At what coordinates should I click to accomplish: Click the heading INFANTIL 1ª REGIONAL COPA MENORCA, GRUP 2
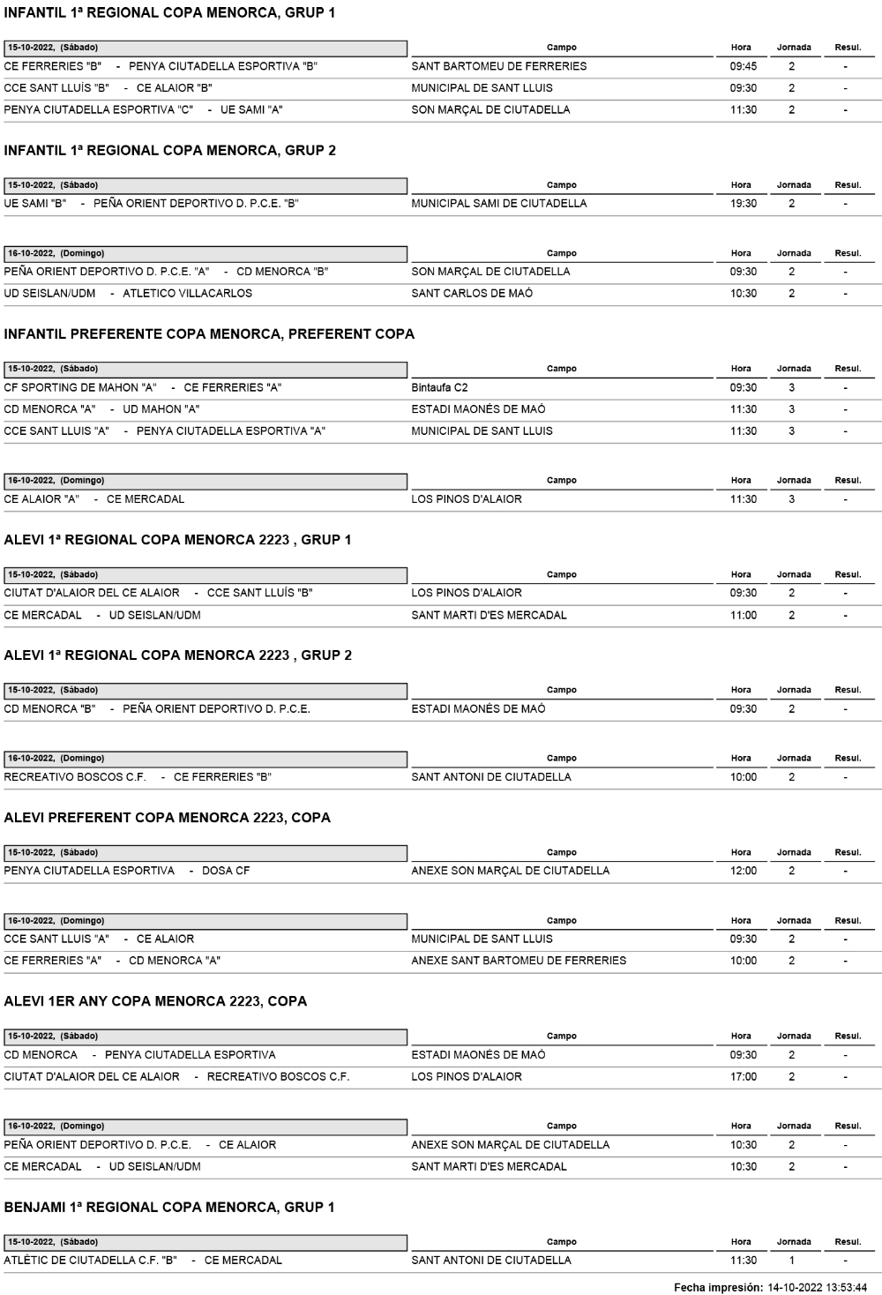coord(169,151)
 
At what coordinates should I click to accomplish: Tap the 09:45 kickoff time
coord(743,66)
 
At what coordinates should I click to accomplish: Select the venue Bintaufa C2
coord(439,387)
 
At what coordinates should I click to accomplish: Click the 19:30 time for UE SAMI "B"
coord(743,204)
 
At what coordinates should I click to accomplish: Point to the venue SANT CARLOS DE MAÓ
coord(472,294)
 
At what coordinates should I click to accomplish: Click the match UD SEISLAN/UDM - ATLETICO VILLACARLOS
coord(128,294)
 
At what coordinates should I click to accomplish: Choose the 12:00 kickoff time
coord(743,871)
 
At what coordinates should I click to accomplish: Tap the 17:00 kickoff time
coord(743,1077)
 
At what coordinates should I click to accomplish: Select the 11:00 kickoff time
coord(743,616)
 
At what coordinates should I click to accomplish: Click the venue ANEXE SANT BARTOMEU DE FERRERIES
coord(519,961)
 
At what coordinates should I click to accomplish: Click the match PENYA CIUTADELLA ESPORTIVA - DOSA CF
coord(127,871)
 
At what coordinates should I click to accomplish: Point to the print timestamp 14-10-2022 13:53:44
coord(818,1288)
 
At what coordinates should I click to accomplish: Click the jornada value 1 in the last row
coord(791,1261)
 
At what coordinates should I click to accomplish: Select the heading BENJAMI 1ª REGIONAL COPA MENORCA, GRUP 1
coord(169,1208)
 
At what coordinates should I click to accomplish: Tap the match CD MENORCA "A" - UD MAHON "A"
coord(102,409)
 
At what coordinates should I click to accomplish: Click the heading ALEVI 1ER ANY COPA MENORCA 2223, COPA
coord(155,1001)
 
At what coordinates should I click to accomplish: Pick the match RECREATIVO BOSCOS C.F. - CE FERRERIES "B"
coord(138,777)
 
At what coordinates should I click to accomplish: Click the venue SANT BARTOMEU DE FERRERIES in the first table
coord(498,66)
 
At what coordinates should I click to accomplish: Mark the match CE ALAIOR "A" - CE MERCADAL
coord(94,499)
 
